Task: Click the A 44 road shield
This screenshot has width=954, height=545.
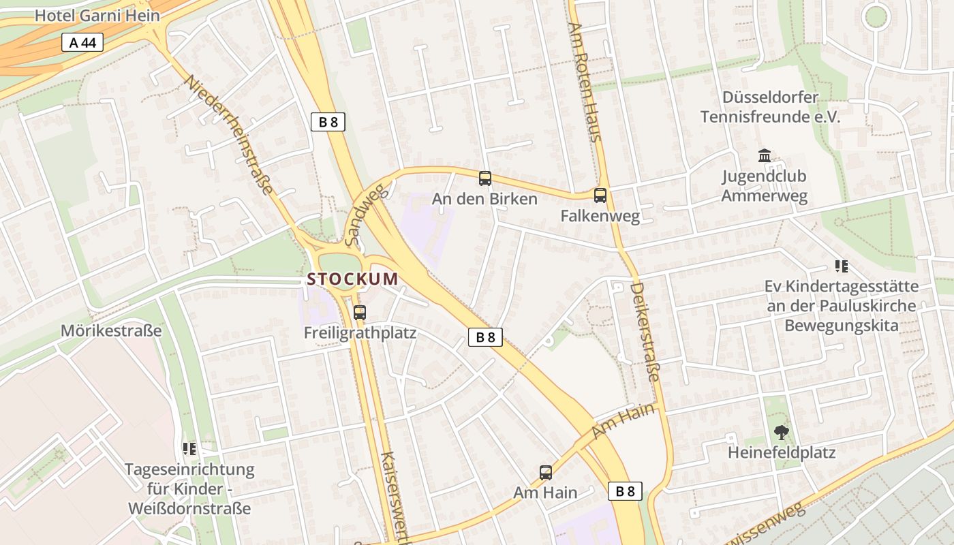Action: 82,43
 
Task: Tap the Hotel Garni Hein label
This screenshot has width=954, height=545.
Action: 97,16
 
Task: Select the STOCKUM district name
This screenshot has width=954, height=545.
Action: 352,279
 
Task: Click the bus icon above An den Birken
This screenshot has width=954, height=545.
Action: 484,178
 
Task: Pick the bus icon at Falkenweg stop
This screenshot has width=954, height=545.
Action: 600,196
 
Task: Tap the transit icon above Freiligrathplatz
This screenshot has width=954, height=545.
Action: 359,313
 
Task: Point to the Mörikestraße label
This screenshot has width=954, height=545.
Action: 112,331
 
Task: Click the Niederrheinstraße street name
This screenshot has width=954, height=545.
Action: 230,135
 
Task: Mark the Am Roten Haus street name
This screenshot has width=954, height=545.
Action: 585,82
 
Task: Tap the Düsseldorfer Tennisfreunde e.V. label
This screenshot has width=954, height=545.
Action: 770,107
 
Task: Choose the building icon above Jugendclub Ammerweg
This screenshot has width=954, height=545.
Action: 764,156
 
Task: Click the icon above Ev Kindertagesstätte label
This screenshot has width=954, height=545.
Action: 841,266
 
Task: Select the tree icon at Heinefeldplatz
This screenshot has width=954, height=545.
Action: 781,432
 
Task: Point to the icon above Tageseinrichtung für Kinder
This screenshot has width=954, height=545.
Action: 189,449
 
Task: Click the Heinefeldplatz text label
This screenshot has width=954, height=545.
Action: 781,452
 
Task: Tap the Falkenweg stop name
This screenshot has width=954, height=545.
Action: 600,217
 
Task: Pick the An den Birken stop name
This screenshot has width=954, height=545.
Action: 484,199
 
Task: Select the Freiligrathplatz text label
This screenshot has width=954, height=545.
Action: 359,334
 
